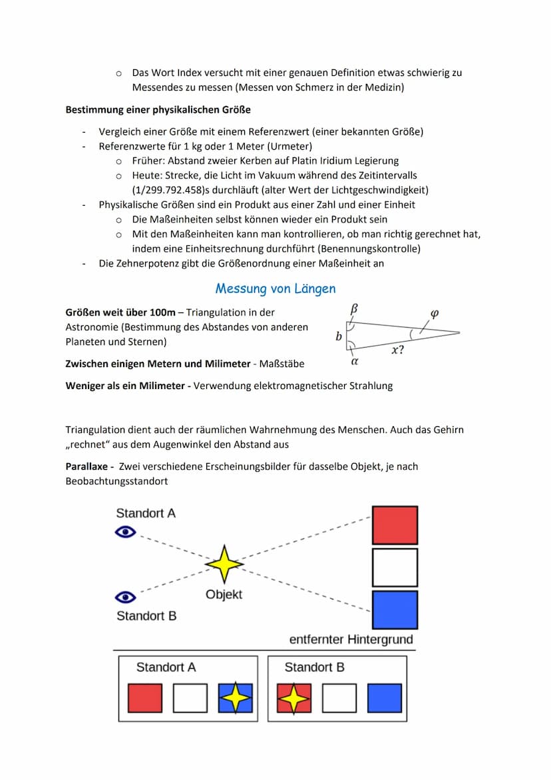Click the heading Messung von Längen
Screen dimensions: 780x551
(x=275, y=288)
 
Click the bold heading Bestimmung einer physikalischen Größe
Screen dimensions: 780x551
(x=158, y=109)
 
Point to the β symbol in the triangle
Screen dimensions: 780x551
(x=354, y=308)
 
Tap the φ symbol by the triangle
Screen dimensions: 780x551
(x=435, y=313)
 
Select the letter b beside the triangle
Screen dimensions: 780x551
(x=339, y=337)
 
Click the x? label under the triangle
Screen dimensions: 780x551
(x=397, y=350)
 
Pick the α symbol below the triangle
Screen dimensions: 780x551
(x=355, y=362)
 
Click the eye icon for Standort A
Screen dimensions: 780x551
(x=126, y=532)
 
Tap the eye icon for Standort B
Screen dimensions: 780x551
(x=126, y=597)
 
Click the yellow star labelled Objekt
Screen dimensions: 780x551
(x=225, y=564)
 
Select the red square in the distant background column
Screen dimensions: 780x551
(x=395, y=526)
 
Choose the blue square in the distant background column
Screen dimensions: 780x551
(x=395, y=609)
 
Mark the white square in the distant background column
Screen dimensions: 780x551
(x=395, y=568)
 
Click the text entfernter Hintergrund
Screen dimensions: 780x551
(x=351, y=639)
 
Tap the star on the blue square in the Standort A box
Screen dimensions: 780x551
(x=236, y=698)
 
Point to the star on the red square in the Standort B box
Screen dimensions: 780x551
(x=293, y=698)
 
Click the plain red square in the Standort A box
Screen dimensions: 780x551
(x=145, y=698)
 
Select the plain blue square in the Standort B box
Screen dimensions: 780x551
(x=385, y=698)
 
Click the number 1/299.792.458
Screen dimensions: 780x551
(x=171, y=190)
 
